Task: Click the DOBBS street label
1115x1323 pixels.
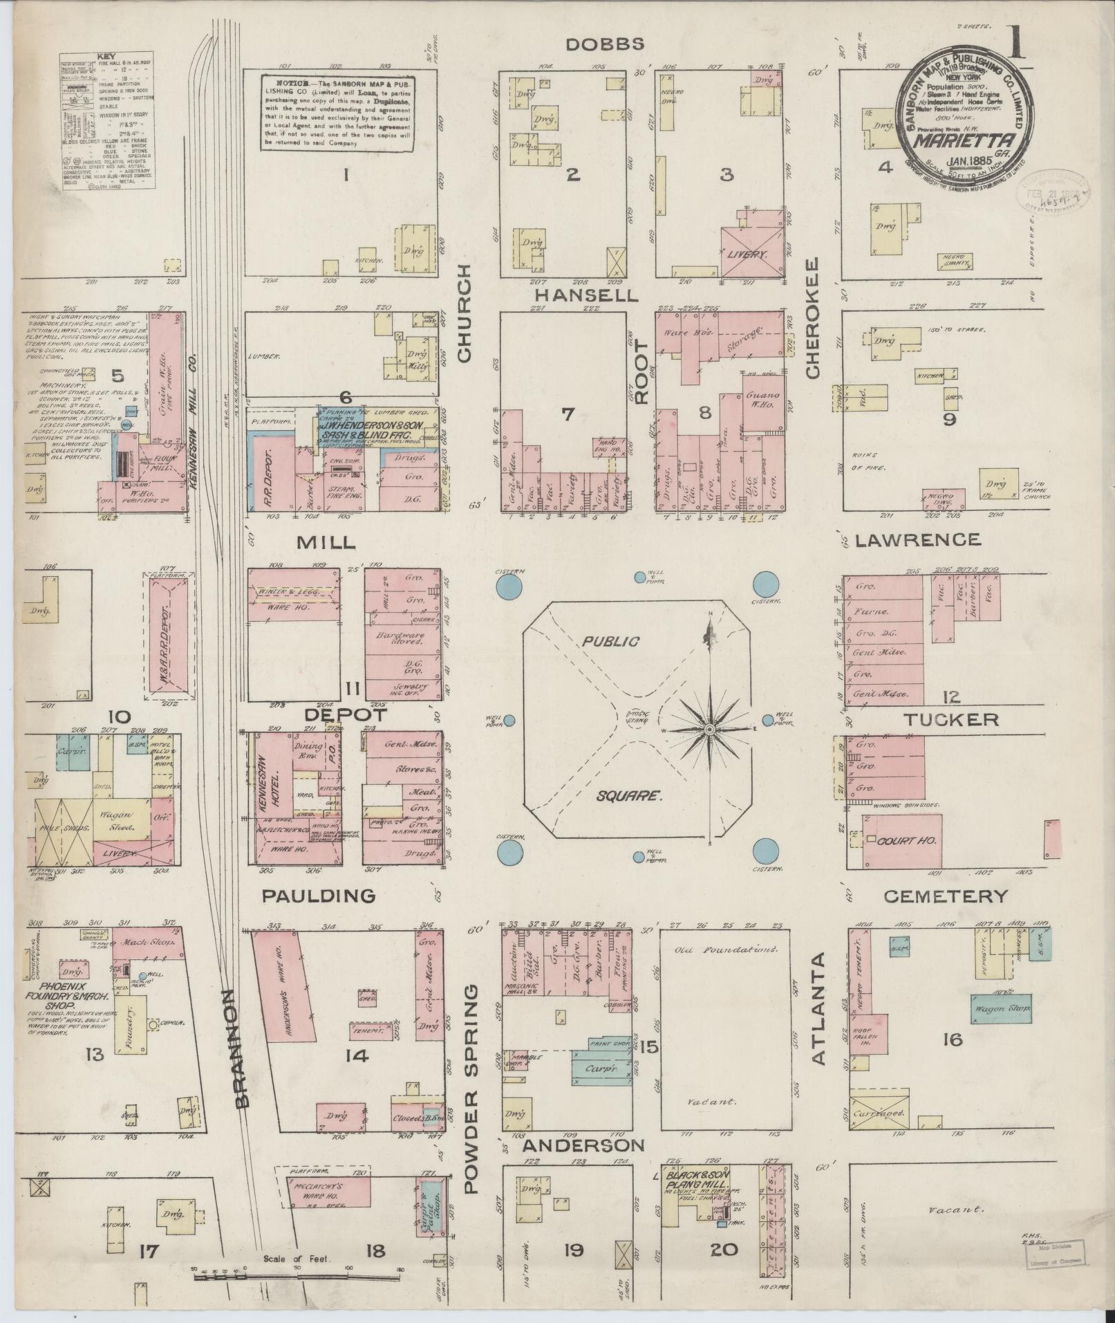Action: (605, 44)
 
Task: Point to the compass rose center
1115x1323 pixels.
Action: (710, 730)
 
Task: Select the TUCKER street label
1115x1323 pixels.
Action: (951, 719)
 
